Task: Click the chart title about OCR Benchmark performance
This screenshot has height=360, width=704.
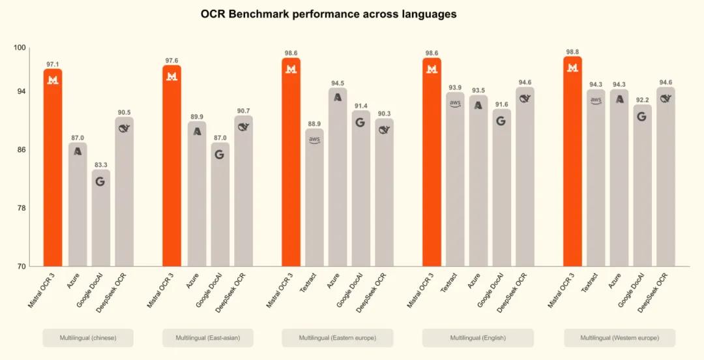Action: (x=329, y=14)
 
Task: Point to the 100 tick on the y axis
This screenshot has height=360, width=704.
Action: (x=20, y=48)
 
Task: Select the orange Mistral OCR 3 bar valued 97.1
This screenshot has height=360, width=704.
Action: (x=53, y=167)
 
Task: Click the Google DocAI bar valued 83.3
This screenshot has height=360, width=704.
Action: (x=100, y=218)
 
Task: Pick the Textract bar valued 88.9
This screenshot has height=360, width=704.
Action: (x=314, y=197)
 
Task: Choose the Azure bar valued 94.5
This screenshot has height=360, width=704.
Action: (x=338, y=177)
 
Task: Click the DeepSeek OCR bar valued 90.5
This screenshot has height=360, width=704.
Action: (x=124, y=191)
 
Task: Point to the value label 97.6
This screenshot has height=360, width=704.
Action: (x=171, y=61)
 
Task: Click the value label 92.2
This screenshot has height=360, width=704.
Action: (x=642, y=100)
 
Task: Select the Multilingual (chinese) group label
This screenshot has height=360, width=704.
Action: (x=88, y=338)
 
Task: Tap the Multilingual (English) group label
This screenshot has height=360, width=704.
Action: (x=478, y=338)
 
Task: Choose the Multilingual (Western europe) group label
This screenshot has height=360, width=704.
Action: (x=619, y=338)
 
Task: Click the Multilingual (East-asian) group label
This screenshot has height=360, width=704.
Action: (x=207, y=338)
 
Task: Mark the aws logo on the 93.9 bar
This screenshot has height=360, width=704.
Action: (x=455, y=103)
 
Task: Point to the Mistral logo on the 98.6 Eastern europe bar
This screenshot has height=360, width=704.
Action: (x=291, y=68)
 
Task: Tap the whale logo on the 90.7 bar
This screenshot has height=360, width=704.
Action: (x=243, y=127)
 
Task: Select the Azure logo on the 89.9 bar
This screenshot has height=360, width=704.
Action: (x=197, y=131)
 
